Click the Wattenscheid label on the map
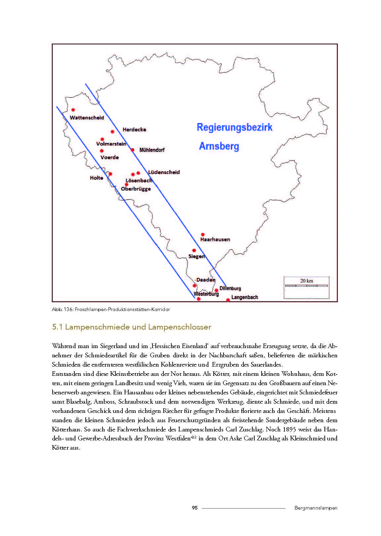coord(87,118)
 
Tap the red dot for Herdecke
coord(112,132)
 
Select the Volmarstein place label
coord(111,144)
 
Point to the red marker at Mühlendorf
coord(132,150)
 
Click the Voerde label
coord(109,157)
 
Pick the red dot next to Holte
coord(110,174)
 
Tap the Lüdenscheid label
coord(164,172)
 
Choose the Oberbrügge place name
coord(136,189)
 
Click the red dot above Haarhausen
coord(203,235)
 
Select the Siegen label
coord(196,256)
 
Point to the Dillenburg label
coord(230,289)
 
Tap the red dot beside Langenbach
coord(228,300)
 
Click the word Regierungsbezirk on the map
coord(234,127)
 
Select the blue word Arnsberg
coord(219,146)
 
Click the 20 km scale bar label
coord(307,281)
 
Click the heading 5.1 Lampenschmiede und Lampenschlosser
coord(132,327)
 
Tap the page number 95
coord(195,508)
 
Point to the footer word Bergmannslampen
coord(316,508)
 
